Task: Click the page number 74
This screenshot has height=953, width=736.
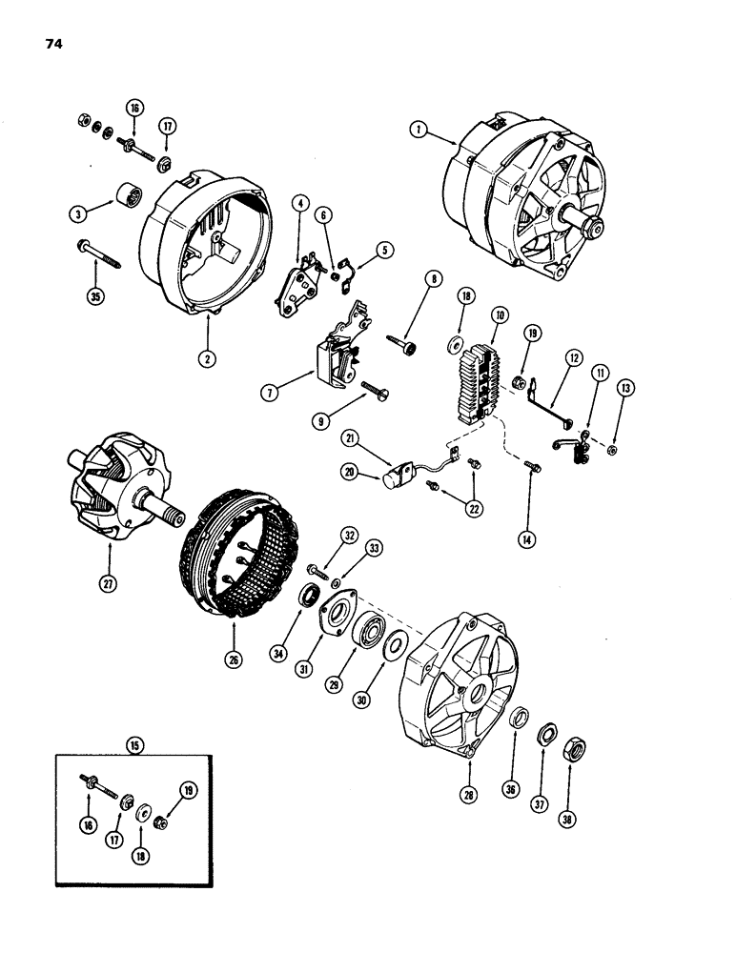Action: [47, 43]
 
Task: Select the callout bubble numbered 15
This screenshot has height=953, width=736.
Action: [134, 746]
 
